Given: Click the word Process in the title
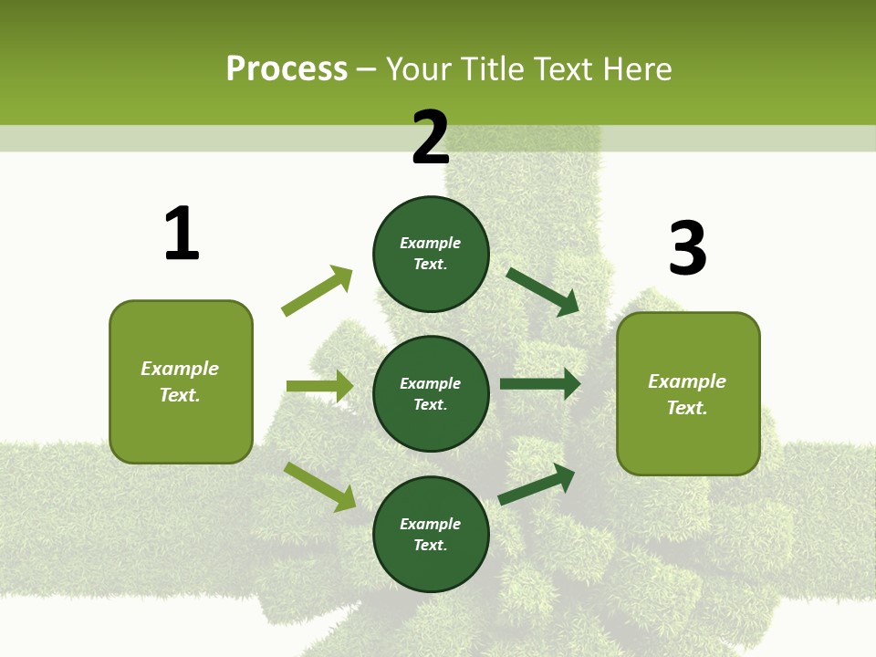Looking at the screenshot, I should pyautogui.click(x=287, y=69).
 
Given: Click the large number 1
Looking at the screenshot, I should pyautogui.click(x=182, y=234).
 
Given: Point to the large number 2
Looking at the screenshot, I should pyautogui.click(x=431, y=138).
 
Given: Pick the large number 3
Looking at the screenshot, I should pyautogui.click(x=687, y=249).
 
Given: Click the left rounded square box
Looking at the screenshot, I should pyautogui.click(x=181, y=381).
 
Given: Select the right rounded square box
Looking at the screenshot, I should pyautogui.click(x=688, y=393).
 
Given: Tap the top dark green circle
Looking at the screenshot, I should pyautogui.click(x=431, y=254).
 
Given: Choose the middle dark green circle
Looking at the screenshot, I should pyautogui.click(x=431, y=393).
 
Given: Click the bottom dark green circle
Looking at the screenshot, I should pyautogui.click(x=431, y=534).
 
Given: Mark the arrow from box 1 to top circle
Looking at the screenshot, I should pyautogui.click(x=317, y=291).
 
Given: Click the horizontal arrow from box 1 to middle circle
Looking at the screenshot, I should pyautogui.click(x=319, y=386).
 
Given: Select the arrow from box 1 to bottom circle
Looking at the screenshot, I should pyautogui.click(x=319, y=485).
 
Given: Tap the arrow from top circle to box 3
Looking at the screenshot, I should pyautogui.click(x=543, y=292).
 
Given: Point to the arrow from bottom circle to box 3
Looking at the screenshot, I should pyautogui.click(x=537, y=485).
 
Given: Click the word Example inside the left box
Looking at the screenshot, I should pyautogui.click(x=180, y=369).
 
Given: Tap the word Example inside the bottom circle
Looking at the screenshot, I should pyautogui.click(x=431, y=524).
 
